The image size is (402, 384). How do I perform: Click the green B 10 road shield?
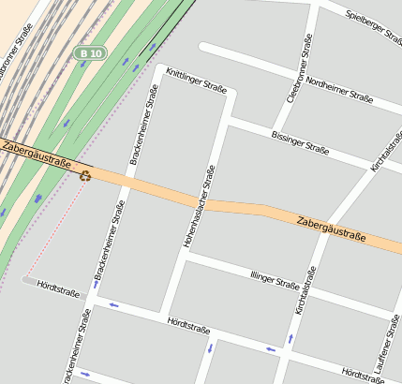(x=90, y=53)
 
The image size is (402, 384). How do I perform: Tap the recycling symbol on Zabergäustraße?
(x=85, y=173)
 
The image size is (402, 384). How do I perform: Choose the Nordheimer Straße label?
(x=339, y=91)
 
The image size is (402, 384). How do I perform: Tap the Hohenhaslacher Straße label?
(x=199, y=206)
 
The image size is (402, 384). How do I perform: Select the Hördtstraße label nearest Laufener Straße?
(x=362, y=376)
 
